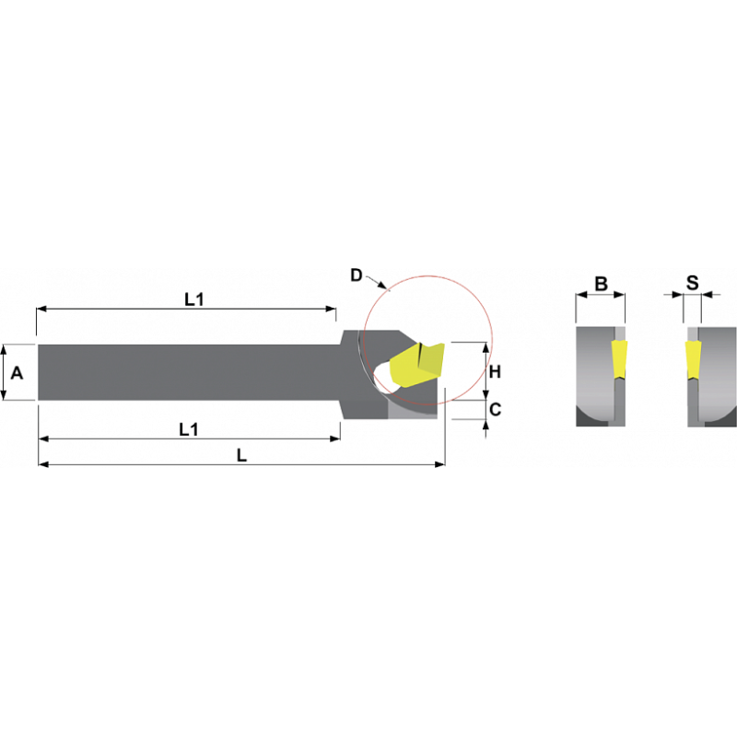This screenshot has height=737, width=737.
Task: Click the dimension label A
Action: pos(17,373)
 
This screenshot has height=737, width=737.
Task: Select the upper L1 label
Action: pos(194,299)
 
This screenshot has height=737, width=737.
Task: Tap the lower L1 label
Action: pos(189,429)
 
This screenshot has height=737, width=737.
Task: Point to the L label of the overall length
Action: pos(241,455)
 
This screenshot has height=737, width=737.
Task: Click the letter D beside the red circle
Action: pos(357,275)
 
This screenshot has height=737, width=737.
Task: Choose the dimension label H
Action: pos(495,372)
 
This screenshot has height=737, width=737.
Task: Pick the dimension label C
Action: pos(495,409)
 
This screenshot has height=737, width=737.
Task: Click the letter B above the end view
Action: pos(602,284)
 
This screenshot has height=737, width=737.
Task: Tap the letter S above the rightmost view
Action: pos(693,283)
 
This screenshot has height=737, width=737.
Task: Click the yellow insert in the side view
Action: pos(416,365)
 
